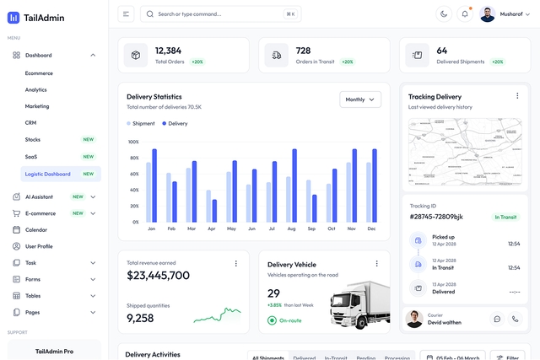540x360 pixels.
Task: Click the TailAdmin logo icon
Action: click(13, 18)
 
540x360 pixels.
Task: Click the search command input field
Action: click(219, 13)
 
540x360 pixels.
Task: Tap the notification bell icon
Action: click(464, 13)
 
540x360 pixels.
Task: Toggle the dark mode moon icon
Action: click(444, 13)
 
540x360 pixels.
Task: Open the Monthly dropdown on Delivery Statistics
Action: click(360, 99)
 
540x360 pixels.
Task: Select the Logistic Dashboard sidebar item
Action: click(59, 174)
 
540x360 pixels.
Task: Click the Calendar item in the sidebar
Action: click(36, 229)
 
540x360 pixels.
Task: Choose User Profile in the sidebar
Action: click(39, 246)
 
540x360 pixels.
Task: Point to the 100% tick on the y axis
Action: click(133, 142)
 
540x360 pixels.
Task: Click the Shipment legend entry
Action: click(141, 123)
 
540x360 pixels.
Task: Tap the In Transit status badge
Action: click(506, 217)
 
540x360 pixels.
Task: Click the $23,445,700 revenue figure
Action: click(159, 276)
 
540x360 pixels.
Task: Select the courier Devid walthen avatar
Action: click(414, 319)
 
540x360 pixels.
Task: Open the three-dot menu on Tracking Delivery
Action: click(517, 96)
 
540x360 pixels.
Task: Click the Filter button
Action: click(509, 357)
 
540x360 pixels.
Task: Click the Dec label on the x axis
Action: click(370, 228)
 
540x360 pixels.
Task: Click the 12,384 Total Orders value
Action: click(168, 51)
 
